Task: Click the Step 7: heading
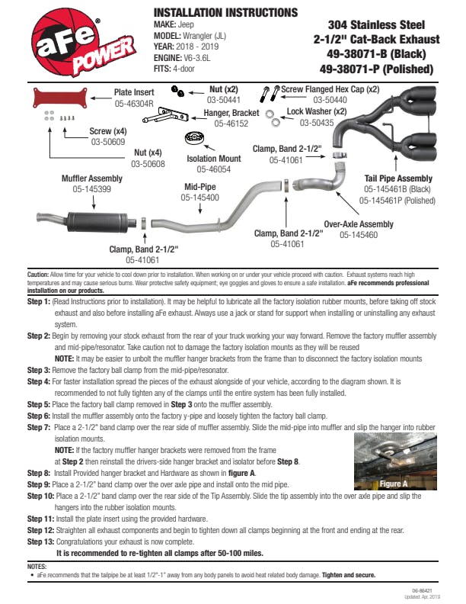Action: [x=39, y=429]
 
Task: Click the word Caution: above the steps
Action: [x=38, y=273]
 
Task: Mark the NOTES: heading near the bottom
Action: [x=37, y=566]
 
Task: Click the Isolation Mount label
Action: [x=214, y=159]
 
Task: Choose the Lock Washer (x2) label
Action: [x=317, y=111]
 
